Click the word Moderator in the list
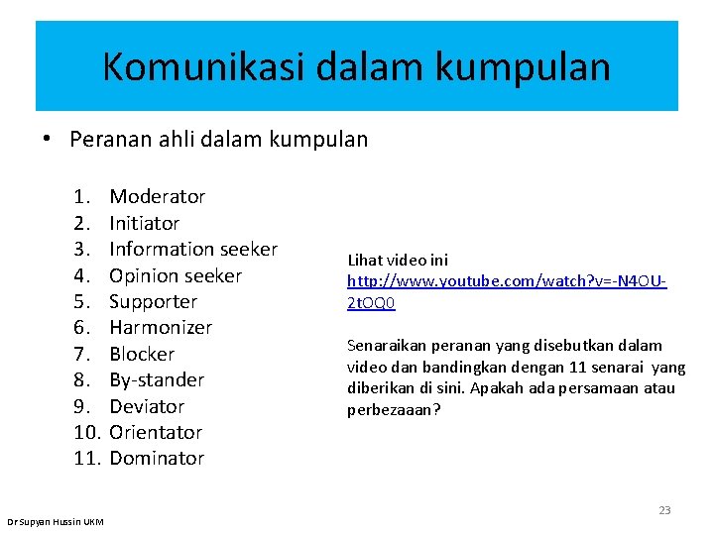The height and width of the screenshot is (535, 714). click(157, 196)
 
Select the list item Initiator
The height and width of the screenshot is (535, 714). click(144, 223)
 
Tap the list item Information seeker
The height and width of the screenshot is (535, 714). click(192, 249)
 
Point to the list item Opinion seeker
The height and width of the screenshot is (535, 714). click(175, 275)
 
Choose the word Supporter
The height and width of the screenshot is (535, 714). click(153, 301)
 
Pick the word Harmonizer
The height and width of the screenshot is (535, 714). click(160, 327)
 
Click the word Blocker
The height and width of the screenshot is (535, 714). click(141, 354)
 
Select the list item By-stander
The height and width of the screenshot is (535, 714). click(156, 379)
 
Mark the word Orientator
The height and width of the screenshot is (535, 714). click(155, 432)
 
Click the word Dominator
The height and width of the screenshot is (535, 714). click(156, 458)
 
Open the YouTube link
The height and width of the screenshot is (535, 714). click(506, 281)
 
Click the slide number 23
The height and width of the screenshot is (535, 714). click(664, 510)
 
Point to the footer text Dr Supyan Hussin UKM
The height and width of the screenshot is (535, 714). click(55, 521)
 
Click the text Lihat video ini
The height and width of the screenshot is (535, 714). click(398, 260)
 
